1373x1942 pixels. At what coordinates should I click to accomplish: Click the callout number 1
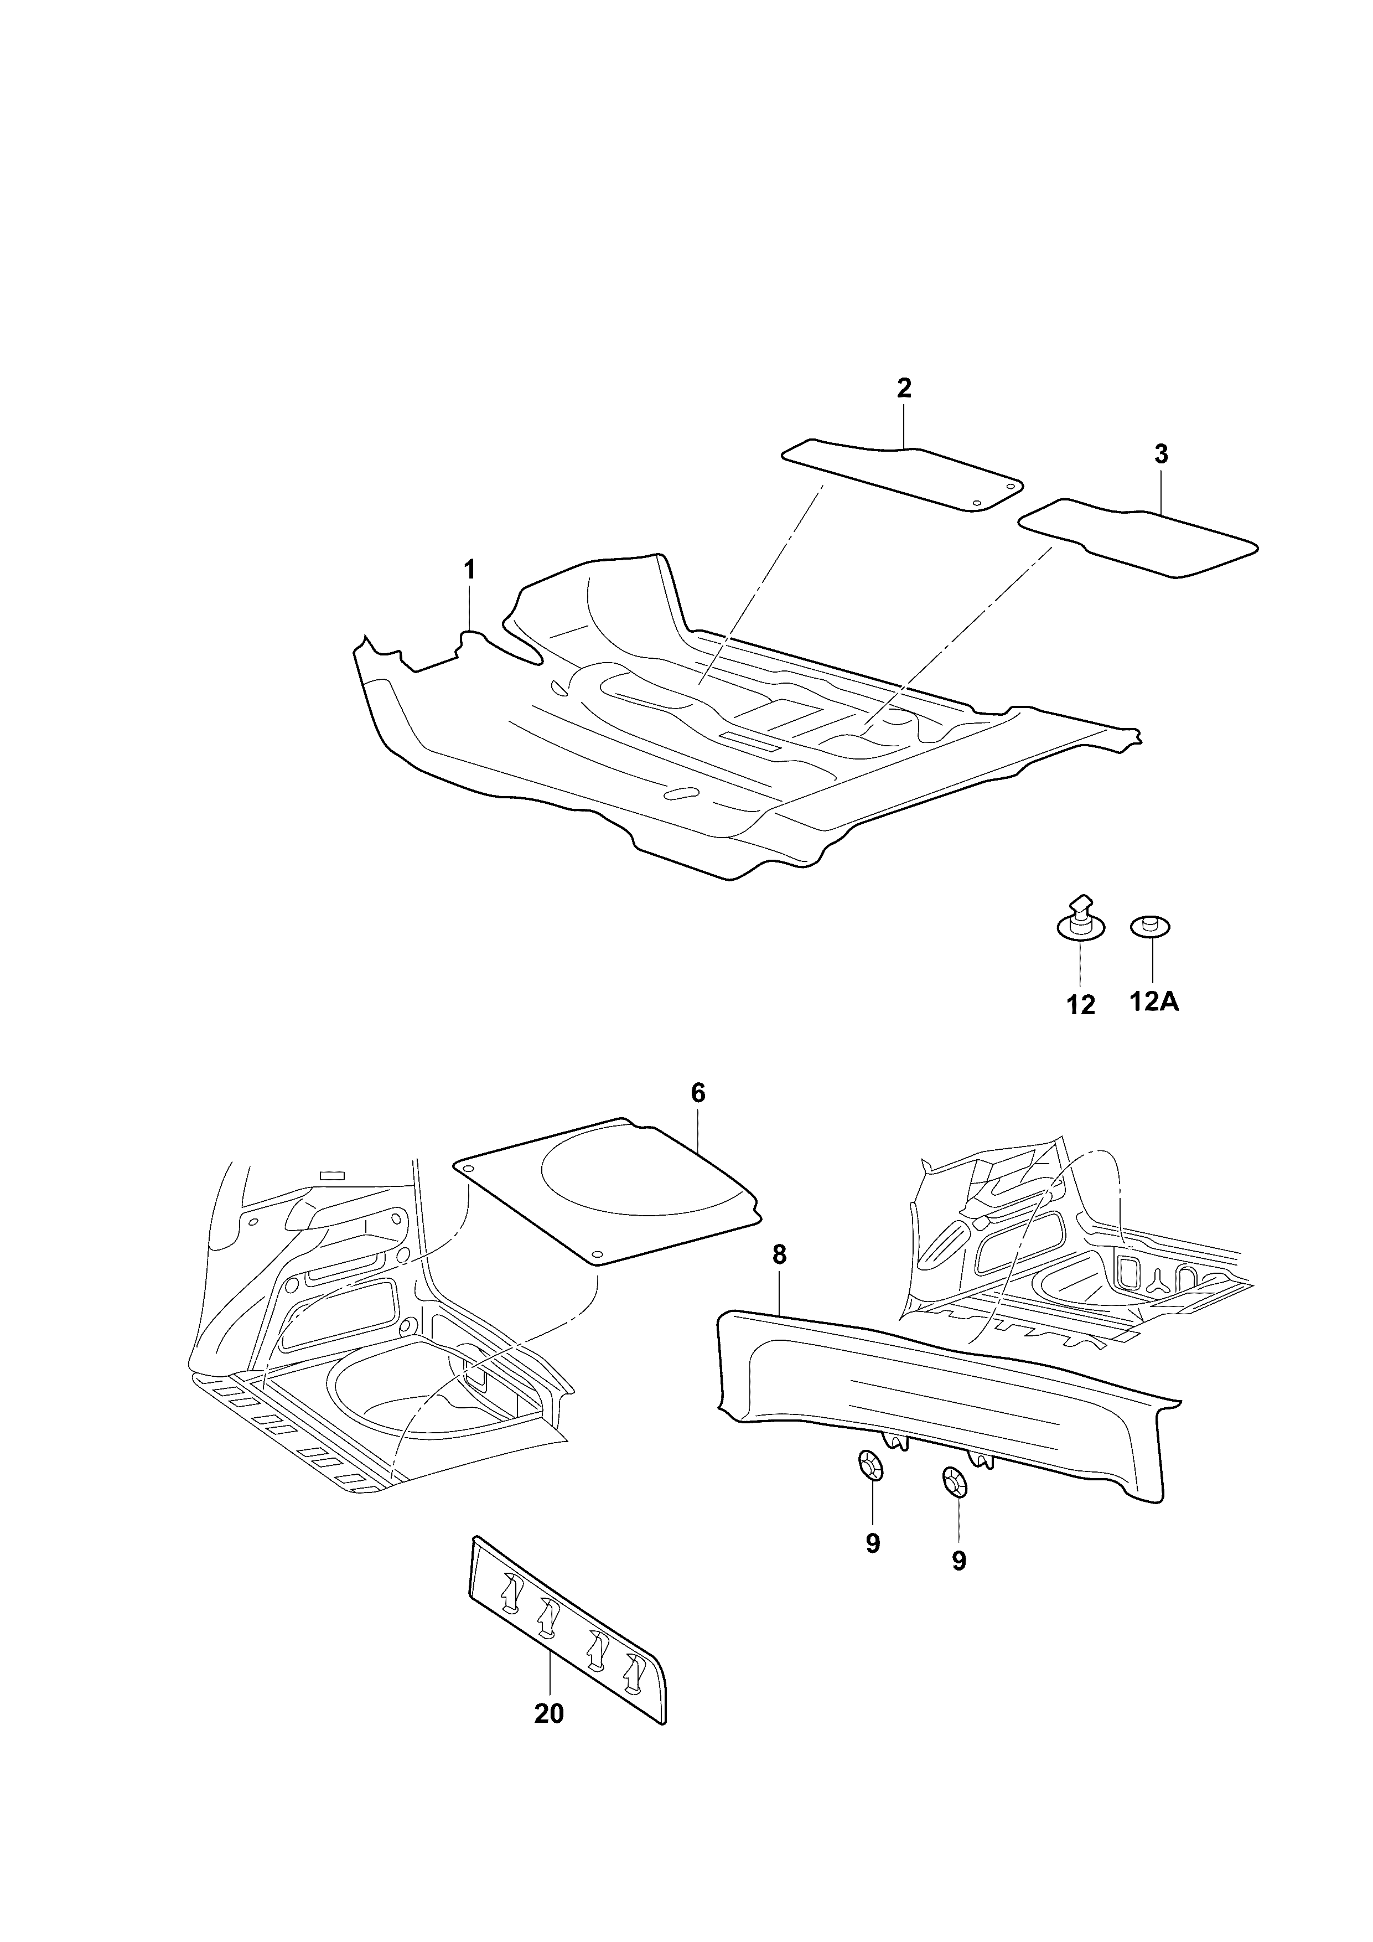pyautogui.click(x=469, y=569)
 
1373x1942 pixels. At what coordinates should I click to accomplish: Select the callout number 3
pyautogui.click(x=1161, y=454)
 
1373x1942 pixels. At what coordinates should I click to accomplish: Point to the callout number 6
pyautogui.click(x=697, y=1093)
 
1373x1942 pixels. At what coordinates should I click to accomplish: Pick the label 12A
pyautogui.click(x=1154, y=1003)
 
